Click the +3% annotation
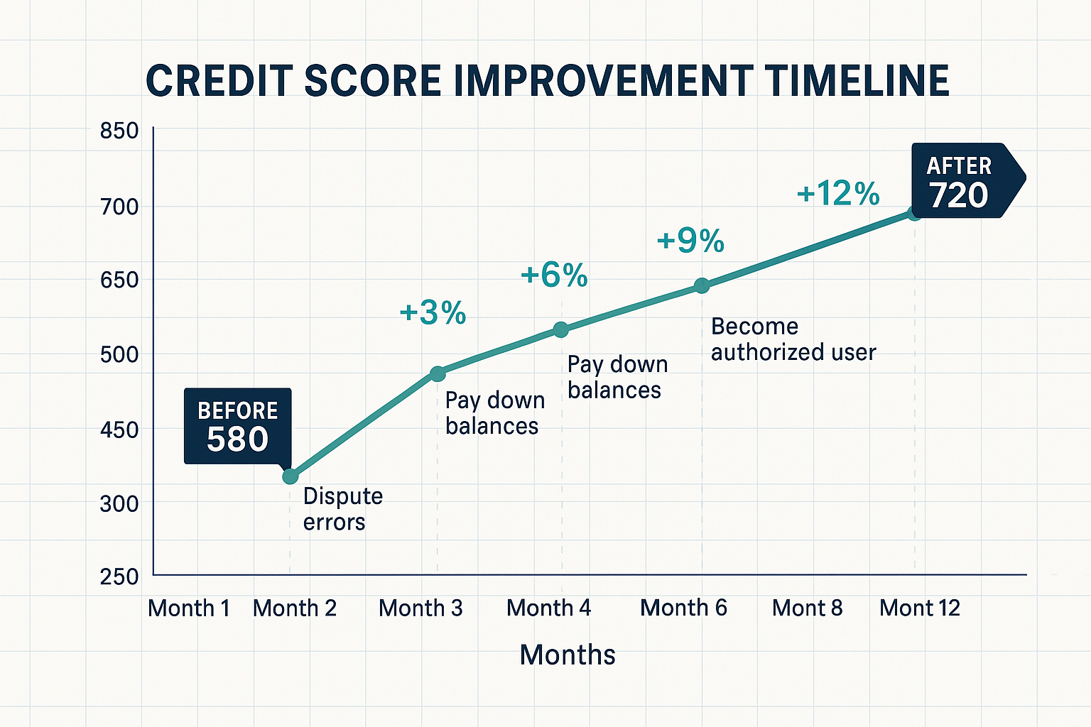click(x=433, y=312)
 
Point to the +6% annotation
click(x=554, y=275)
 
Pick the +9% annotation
click(x=690, y=241)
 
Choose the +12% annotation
click(x=838, y=193)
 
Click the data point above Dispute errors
click(x=290, y=476)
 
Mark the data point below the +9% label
click(x=702, y=285)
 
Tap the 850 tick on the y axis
click(x=119, y=132)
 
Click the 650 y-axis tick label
click(x=119, y=280)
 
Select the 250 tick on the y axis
click(x=119, y=576)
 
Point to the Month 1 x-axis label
click(x=189, y=608)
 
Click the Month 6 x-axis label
click(x=683, y=608)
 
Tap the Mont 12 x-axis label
click(x=919, y=608)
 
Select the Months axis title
click(x=567, y=655)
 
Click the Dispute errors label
click(x=342, y=509)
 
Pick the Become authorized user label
click(x=793, y=339)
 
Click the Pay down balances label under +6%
click(x=617, y=377)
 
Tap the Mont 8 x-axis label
click(x=807, y=608)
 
